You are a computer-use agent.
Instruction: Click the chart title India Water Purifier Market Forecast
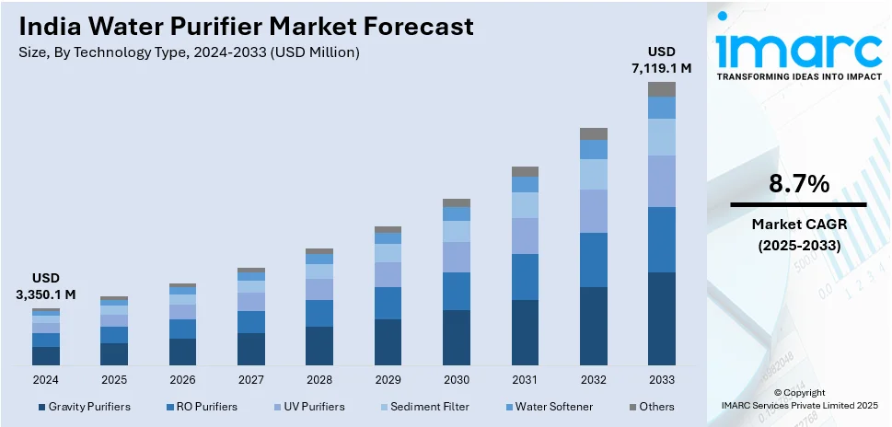pos(247,26)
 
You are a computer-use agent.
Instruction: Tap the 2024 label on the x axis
pos(46,379)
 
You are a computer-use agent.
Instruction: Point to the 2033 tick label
pos(661,379)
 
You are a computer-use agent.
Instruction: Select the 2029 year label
pos(388,379)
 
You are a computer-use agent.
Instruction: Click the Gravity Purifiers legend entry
pos(84,407)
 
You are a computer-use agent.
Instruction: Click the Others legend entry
pos(652,407)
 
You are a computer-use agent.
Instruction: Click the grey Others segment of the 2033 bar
pos(661,89)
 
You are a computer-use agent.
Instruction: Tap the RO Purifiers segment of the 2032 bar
pos(593,260)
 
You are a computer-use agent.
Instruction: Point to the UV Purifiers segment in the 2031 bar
pos(525,236)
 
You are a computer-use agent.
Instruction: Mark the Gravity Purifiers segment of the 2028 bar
pos(319,345)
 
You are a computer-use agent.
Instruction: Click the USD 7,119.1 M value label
pos(661,59)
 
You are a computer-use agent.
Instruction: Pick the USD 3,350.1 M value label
pos(46,285)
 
